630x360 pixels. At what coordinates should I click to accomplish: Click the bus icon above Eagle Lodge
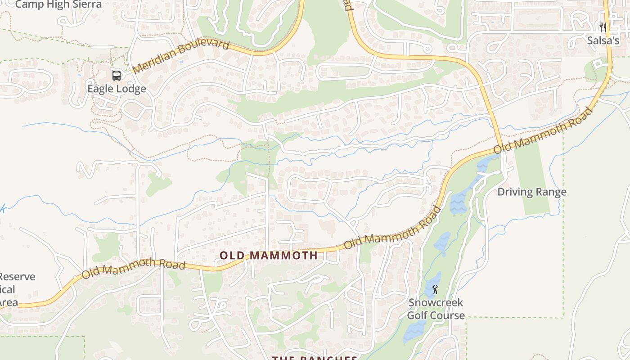(117, 75)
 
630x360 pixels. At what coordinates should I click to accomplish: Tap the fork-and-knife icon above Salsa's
(603, 27)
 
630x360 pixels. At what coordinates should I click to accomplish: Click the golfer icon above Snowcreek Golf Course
(435, 289)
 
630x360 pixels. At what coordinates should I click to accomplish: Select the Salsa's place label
(603, 40)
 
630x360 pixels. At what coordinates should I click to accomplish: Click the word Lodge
(131, 89)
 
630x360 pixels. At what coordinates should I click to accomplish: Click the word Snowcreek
(436, 302)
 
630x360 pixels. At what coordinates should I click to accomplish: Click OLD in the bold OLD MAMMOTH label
(232, 256)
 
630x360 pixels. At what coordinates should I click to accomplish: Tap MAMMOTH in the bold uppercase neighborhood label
(283, 256)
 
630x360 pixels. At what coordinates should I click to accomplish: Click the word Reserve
(17, 276)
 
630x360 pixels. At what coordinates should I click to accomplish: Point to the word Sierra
(87, 4)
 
